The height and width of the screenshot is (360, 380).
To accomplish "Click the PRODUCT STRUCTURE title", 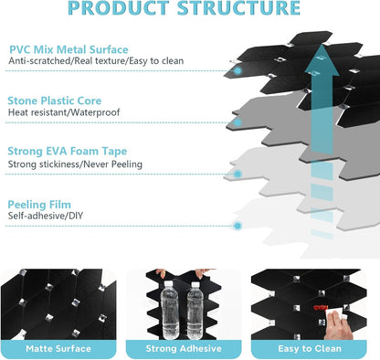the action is (x=184, y=8).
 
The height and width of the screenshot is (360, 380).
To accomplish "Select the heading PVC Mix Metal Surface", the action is (x=69, y=49).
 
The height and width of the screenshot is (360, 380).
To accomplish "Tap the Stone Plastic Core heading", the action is (x=55, y=101).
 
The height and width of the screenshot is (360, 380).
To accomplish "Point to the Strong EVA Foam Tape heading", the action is (x=68, y=151).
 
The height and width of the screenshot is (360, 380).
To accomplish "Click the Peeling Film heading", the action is (x=39, y=205).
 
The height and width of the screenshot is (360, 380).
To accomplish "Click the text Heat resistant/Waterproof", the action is (x=64, y=112).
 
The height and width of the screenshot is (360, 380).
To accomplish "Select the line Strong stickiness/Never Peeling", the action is (x=75, y=164).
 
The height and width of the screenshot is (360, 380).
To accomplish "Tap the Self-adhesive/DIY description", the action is (x=46, y=216).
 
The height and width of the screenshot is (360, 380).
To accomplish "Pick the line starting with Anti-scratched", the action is (x=96, y=60).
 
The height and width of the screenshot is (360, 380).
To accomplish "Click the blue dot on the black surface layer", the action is (x=237, y=71).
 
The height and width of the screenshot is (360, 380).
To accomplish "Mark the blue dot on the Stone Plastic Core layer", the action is (x=237, y=122).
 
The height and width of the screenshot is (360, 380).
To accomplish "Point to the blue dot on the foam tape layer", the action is (x=237, y=175).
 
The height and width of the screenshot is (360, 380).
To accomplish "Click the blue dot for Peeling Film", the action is (x=237, y=226).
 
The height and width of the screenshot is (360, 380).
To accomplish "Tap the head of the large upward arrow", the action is (x=322, y=61).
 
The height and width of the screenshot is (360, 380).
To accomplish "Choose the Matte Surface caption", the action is (x=58, y=348).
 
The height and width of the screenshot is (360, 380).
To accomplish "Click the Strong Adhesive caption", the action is (x=184, y=348).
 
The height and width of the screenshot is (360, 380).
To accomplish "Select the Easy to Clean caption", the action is (x=310, y=348).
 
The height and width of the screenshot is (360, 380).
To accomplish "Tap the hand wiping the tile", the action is (x=336, y=325).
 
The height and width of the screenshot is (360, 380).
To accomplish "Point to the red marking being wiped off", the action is (x=321, y=308).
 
